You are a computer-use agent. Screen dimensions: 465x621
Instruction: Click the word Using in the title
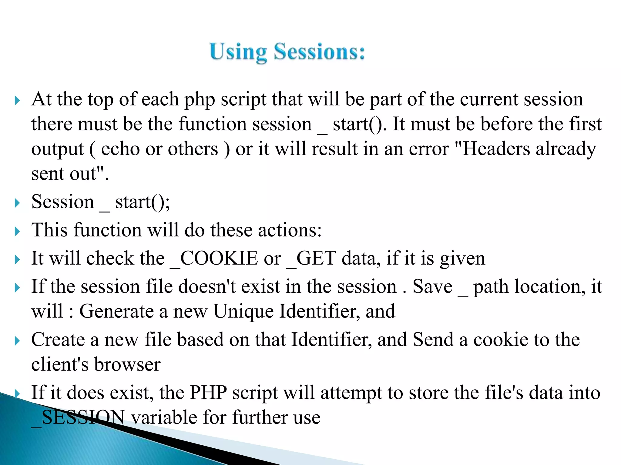[238, 52]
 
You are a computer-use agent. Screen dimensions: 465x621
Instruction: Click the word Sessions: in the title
[319, 52]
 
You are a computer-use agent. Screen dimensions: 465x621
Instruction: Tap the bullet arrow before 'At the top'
[17, 101]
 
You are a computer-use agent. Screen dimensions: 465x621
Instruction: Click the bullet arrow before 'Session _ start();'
[17, 203]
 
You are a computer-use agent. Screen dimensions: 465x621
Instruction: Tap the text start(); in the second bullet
[143, 202]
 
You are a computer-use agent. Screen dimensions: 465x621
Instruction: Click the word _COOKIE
[214, 259]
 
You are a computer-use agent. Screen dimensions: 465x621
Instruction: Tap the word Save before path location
[432, 287]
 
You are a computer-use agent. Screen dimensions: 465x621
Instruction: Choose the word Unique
[243, 312]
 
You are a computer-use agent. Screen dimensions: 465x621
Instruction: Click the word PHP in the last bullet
[208, 393]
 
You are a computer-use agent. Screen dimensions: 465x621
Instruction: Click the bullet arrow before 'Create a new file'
[17, 341]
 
